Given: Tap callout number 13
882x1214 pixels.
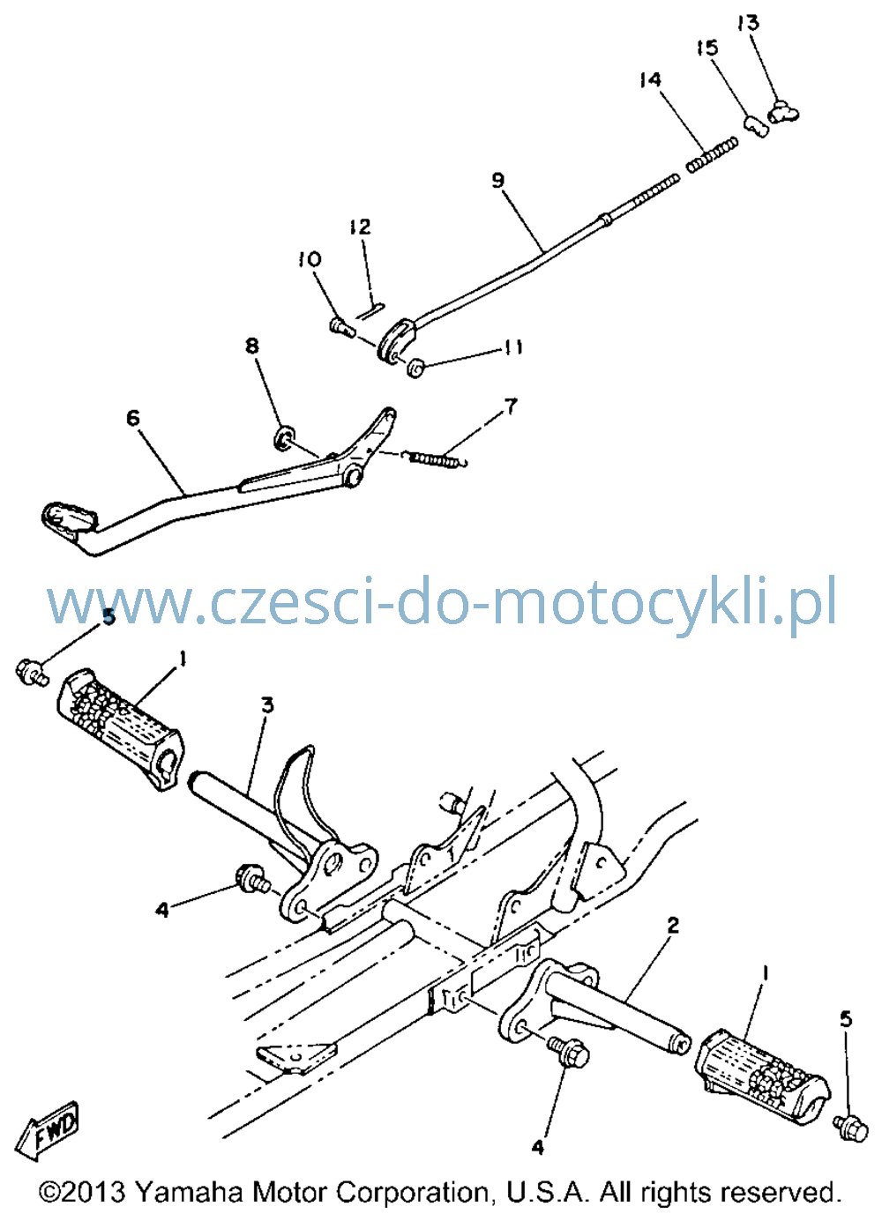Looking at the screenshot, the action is point(748,23).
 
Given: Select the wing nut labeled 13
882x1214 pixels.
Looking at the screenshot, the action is point(783,111).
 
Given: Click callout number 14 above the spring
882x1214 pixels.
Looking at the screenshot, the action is point(650,80).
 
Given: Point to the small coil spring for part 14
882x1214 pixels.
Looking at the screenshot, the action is point(713,154).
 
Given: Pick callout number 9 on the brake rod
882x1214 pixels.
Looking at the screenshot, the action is point(498,180).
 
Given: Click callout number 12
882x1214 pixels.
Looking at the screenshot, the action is point(361,227).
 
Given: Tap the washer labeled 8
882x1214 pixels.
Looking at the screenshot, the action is point(284,436).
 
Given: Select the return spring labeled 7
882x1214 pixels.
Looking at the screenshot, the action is point(437,458).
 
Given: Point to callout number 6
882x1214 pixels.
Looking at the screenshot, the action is point(132,418).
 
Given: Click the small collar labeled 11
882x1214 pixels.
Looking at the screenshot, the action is point(415,368).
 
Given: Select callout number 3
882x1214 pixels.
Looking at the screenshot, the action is point(267,705).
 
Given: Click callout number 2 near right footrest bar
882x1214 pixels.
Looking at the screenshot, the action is point(672,925).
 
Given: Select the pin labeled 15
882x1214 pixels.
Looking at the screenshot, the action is point(756,126).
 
